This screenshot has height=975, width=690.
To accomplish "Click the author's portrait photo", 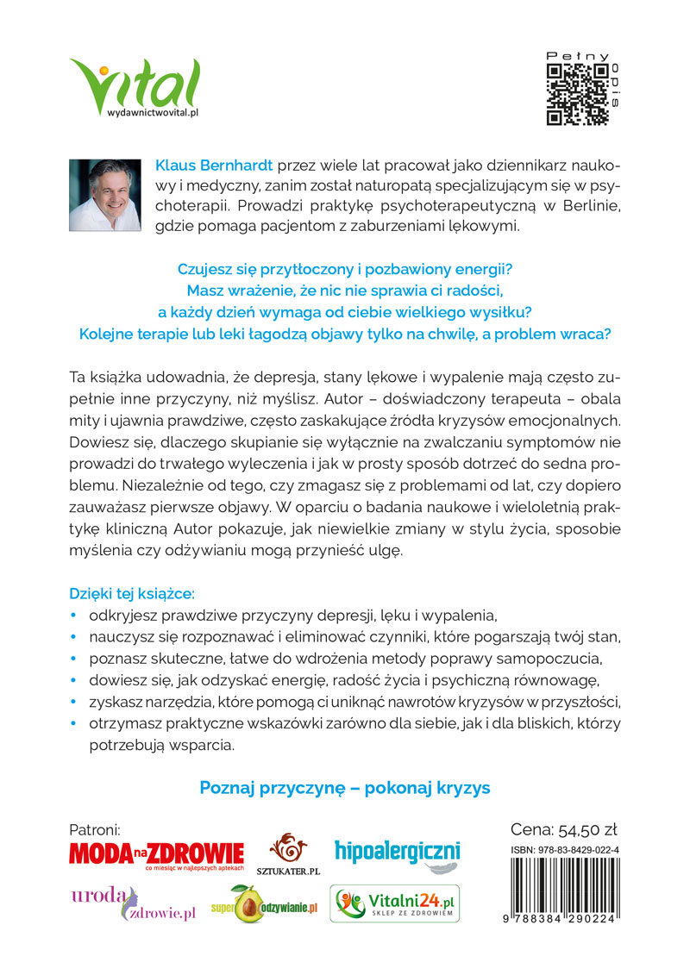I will point(104,195).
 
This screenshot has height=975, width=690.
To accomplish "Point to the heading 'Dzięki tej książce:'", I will point(132,594).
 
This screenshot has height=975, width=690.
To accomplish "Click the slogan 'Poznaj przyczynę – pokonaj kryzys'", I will point(345,788).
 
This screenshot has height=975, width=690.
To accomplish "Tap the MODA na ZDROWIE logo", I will point(155,855).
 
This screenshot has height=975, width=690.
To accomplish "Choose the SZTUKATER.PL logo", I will point(288,854).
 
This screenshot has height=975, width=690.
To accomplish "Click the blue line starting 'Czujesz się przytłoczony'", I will point(345,269).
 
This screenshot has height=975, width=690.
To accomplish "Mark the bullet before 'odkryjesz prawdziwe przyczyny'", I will point(73,616).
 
